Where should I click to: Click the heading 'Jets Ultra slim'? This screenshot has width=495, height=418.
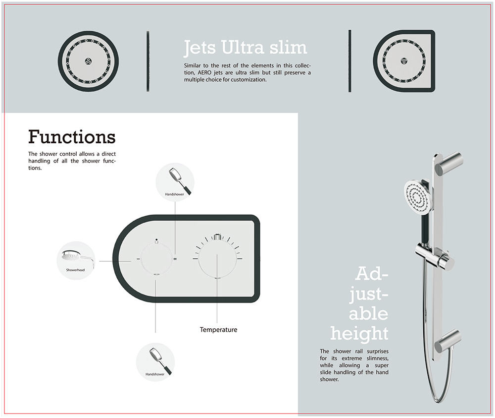click(246, 48)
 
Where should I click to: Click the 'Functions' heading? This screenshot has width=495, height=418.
click(72, 137)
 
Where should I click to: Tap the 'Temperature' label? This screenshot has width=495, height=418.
click(218, 329)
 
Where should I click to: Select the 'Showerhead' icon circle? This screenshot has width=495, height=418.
click(76, 260)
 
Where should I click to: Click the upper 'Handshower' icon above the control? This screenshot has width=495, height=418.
click(175, 182)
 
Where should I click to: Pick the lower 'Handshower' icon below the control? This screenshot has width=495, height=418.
click(155, 362)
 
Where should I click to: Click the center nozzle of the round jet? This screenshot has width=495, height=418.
click(89, 61)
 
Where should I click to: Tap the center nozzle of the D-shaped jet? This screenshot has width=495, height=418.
click(404, 61)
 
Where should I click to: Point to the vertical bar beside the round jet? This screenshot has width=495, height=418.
click(148, 61)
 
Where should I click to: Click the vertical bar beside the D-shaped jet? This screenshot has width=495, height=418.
click(350, 61)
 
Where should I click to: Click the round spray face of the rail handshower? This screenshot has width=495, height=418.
click(417, 198)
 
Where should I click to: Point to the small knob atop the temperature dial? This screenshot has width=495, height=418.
click(217, 237)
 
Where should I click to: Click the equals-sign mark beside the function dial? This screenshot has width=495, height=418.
click(175, 259)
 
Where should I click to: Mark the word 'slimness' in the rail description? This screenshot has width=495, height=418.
click(378, 358)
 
